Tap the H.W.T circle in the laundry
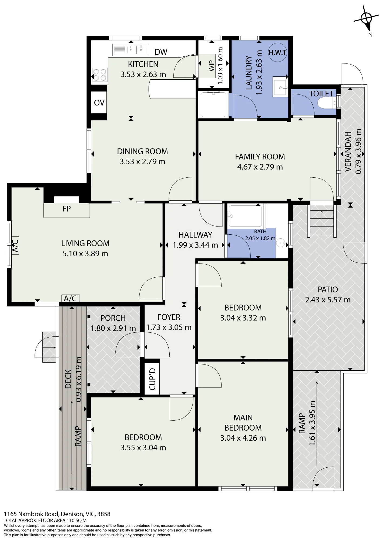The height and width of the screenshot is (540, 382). [277, 52]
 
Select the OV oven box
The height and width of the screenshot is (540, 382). [99, 103]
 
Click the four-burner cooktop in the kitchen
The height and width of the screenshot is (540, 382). [99, 75]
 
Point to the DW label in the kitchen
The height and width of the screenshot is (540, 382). [161, 52]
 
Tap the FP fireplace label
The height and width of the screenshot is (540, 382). [66, 209]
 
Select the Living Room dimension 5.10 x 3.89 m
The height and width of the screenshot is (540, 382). [85, 254]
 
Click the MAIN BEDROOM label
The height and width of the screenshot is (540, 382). [243, 423]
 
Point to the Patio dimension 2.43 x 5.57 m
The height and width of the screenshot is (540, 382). [328, 300]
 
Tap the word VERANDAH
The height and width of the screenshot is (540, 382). [348, 151]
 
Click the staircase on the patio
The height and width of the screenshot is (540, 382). [322, 221]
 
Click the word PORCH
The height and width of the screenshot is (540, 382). [113, 318]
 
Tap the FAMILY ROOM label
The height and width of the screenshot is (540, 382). [260, 157]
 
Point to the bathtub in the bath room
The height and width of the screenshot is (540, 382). [245, 216]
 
